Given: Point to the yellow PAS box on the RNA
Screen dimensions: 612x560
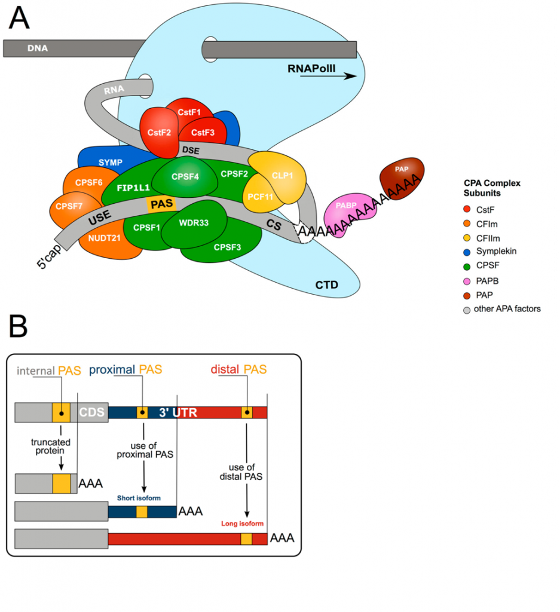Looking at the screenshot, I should point(161,204).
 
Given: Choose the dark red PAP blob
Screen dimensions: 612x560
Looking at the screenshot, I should point(402,176).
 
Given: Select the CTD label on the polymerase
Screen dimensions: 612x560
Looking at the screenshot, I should point(326,284).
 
